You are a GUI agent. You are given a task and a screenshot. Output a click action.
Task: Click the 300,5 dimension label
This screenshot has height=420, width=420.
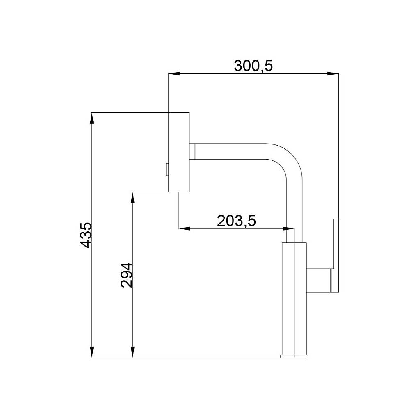point(253,66)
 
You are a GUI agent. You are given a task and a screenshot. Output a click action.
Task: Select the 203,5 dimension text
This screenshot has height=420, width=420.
point(236,221)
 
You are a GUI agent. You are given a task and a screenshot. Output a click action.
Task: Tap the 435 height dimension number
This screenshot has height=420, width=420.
point(86,235)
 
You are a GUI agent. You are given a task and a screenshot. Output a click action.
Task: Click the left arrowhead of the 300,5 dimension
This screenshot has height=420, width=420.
point(174,74)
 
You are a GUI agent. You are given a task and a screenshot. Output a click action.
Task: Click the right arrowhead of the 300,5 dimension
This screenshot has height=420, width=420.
point(333,74)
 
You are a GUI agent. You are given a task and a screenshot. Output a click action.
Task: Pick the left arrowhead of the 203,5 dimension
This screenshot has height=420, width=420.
point(184,228)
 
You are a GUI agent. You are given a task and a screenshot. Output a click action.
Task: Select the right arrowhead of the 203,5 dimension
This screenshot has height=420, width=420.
point(288,228)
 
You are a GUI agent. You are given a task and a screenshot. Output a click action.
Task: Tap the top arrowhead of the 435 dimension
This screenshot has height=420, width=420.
point(92,118)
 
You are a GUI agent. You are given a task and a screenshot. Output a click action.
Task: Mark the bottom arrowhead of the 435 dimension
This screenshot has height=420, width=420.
point(92,352)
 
